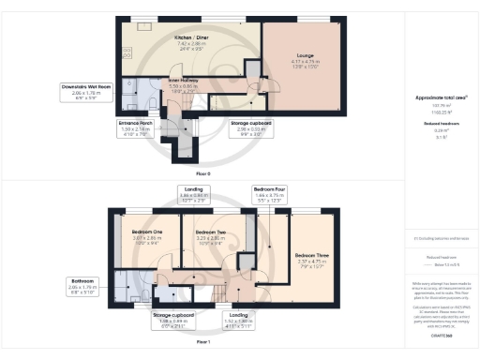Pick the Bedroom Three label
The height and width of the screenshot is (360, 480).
(309, 259)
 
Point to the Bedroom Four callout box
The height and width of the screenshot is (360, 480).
(270, 194)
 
